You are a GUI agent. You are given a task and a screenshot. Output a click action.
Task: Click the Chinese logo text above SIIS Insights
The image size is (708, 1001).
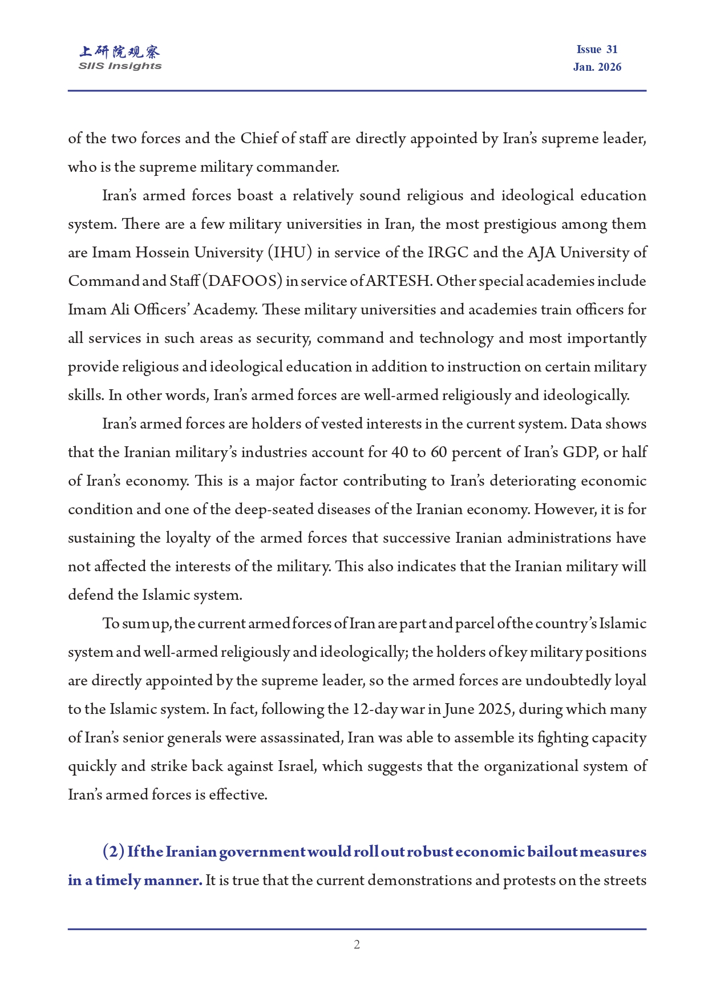pos(120,52)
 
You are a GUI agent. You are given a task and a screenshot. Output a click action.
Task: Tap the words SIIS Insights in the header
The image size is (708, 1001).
pos(120,66)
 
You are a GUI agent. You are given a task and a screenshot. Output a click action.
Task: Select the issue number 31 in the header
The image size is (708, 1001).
pos(612,50)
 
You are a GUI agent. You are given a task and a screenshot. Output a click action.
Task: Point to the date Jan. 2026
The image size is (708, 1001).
pos(597,67)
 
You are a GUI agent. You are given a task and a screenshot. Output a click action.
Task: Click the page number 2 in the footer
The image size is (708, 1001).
pos(357,945)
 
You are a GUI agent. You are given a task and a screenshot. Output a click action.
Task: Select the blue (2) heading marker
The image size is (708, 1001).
pos(113,851)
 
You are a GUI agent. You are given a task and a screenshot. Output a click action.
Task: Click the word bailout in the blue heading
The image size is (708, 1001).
pos(552,851)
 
